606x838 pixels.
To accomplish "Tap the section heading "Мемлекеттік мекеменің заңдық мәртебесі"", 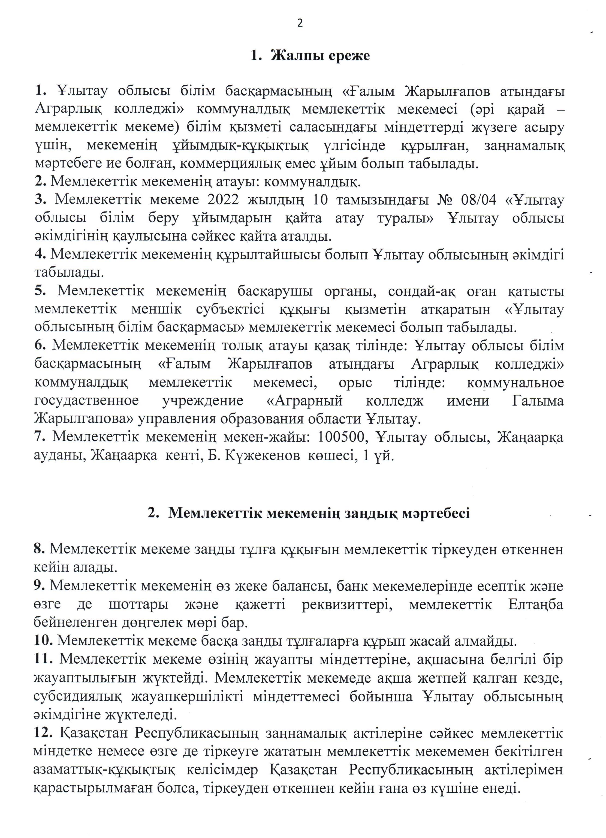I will pos(319,513).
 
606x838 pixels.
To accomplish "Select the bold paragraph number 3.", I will pos(40,200).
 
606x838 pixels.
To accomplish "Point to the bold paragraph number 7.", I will pos(40,437).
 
